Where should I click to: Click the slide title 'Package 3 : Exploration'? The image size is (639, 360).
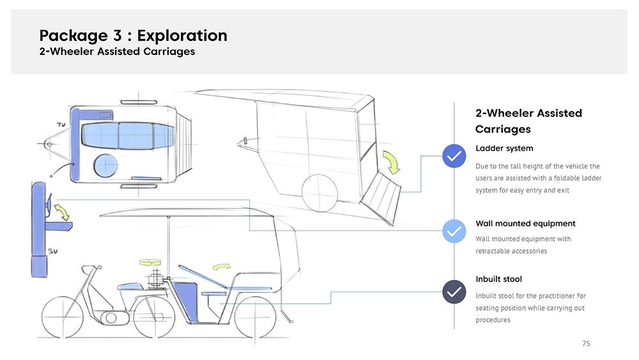coord(133,35)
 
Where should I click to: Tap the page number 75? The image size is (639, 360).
coord(586,343)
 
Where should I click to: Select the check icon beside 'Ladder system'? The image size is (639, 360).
coord(454,156)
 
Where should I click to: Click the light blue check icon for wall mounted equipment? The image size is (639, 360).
coord(454,231)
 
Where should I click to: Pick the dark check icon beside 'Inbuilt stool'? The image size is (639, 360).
coord(454,292)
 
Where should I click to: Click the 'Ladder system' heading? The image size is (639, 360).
coord(504,148)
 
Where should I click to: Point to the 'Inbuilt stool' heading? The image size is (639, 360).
coord(498,279)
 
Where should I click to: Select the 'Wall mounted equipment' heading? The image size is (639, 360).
coord(525,223)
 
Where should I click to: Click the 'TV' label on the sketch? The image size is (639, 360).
coord(62,123)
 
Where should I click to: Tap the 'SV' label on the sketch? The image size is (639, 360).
coord(53,251)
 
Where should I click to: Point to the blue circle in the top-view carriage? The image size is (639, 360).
coord(105,166)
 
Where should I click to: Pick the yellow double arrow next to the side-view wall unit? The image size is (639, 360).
coord(62,212)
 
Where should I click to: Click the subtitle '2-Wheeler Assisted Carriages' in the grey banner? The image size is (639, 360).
coord(117,51)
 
